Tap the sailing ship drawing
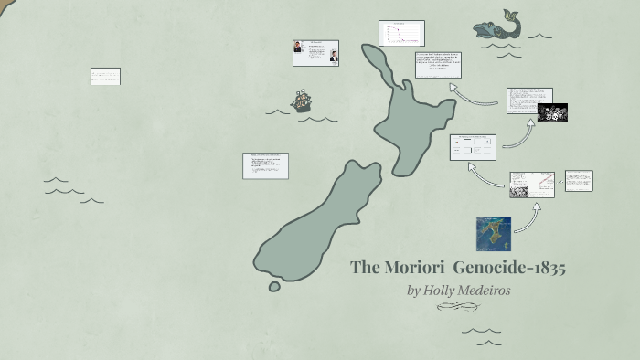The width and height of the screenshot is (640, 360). (301, 101)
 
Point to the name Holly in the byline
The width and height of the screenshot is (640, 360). (439, 291)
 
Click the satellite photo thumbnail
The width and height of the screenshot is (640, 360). (494, 233)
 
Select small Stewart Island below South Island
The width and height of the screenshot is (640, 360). (274, 287)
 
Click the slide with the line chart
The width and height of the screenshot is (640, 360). (401, 33)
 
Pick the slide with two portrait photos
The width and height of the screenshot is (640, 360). (315, 53)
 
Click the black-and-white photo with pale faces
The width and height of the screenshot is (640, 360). (552, 112)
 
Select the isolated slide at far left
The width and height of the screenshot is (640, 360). (105, 76)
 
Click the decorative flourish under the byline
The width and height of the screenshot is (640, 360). (458, 307)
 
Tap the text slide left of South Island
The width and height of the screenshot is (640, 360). (265, 165)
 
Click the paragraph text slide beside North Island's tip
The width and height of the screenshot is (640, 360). (438, 65)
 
